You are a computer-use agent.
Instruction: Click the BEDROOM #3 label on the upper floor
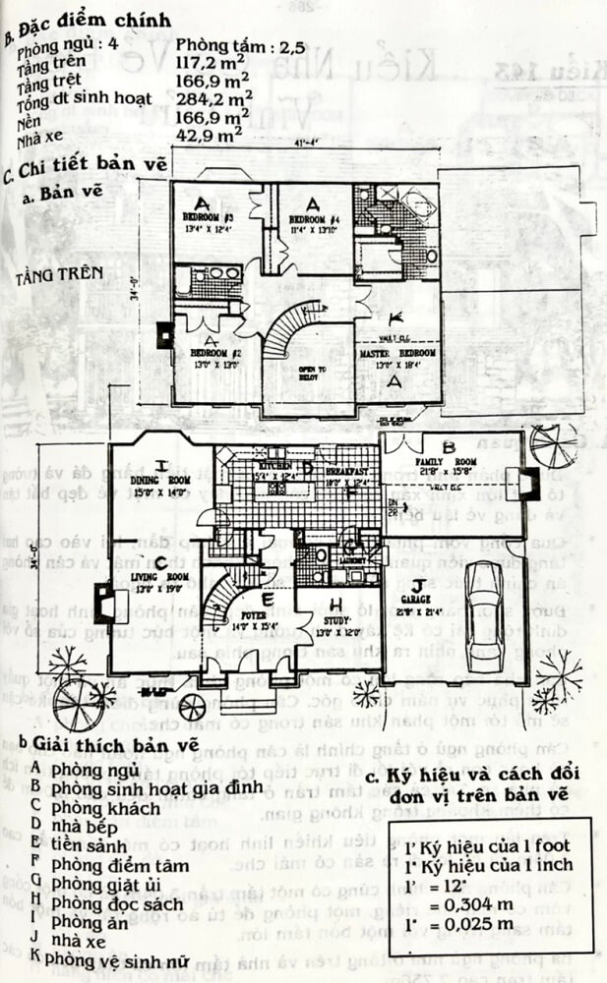[207, 217]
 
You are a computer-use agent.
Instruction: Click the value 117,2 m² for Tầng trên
[211, 59]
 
